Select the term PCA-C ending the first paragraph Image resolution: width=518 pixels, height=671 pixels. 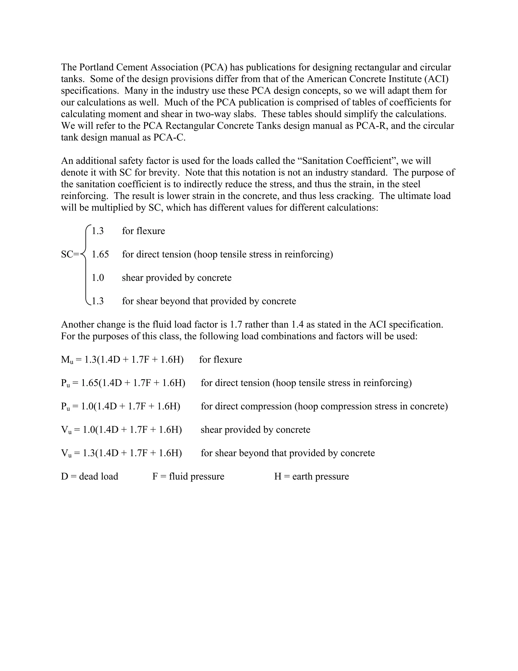tap(169, 137)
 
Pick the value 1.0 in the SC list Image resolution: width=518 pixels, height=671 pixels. tap(98, 278)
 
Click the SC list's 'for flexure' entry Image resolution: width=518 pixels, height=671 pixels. tap(143, 231)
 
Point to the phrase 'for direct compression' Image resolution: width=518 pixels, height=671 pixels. tap(246, 406)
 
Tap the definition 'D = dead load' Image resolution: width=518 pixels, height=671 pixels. tap(90, 477)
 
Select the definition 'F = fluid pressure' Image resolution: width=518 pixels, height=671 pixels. tap(188, 477)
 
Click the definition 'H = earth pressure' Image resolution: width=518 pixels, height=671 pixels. tap(311, 477)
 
